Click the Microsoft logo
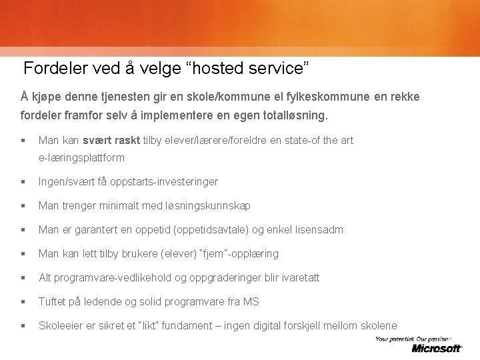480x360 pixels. [437, 348]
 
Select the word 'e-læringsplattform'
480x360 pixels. [81, 158]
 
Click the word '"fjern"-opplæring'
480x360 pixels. [240, 253]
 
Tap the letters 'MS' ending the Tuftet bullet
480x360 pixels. [251, 301]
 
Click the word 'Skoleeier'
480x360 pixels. [59, 325]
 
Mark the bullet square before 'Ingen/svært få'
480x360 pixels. [23, 181]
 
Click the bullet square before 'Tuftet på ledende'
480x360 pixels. [23, 301]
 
